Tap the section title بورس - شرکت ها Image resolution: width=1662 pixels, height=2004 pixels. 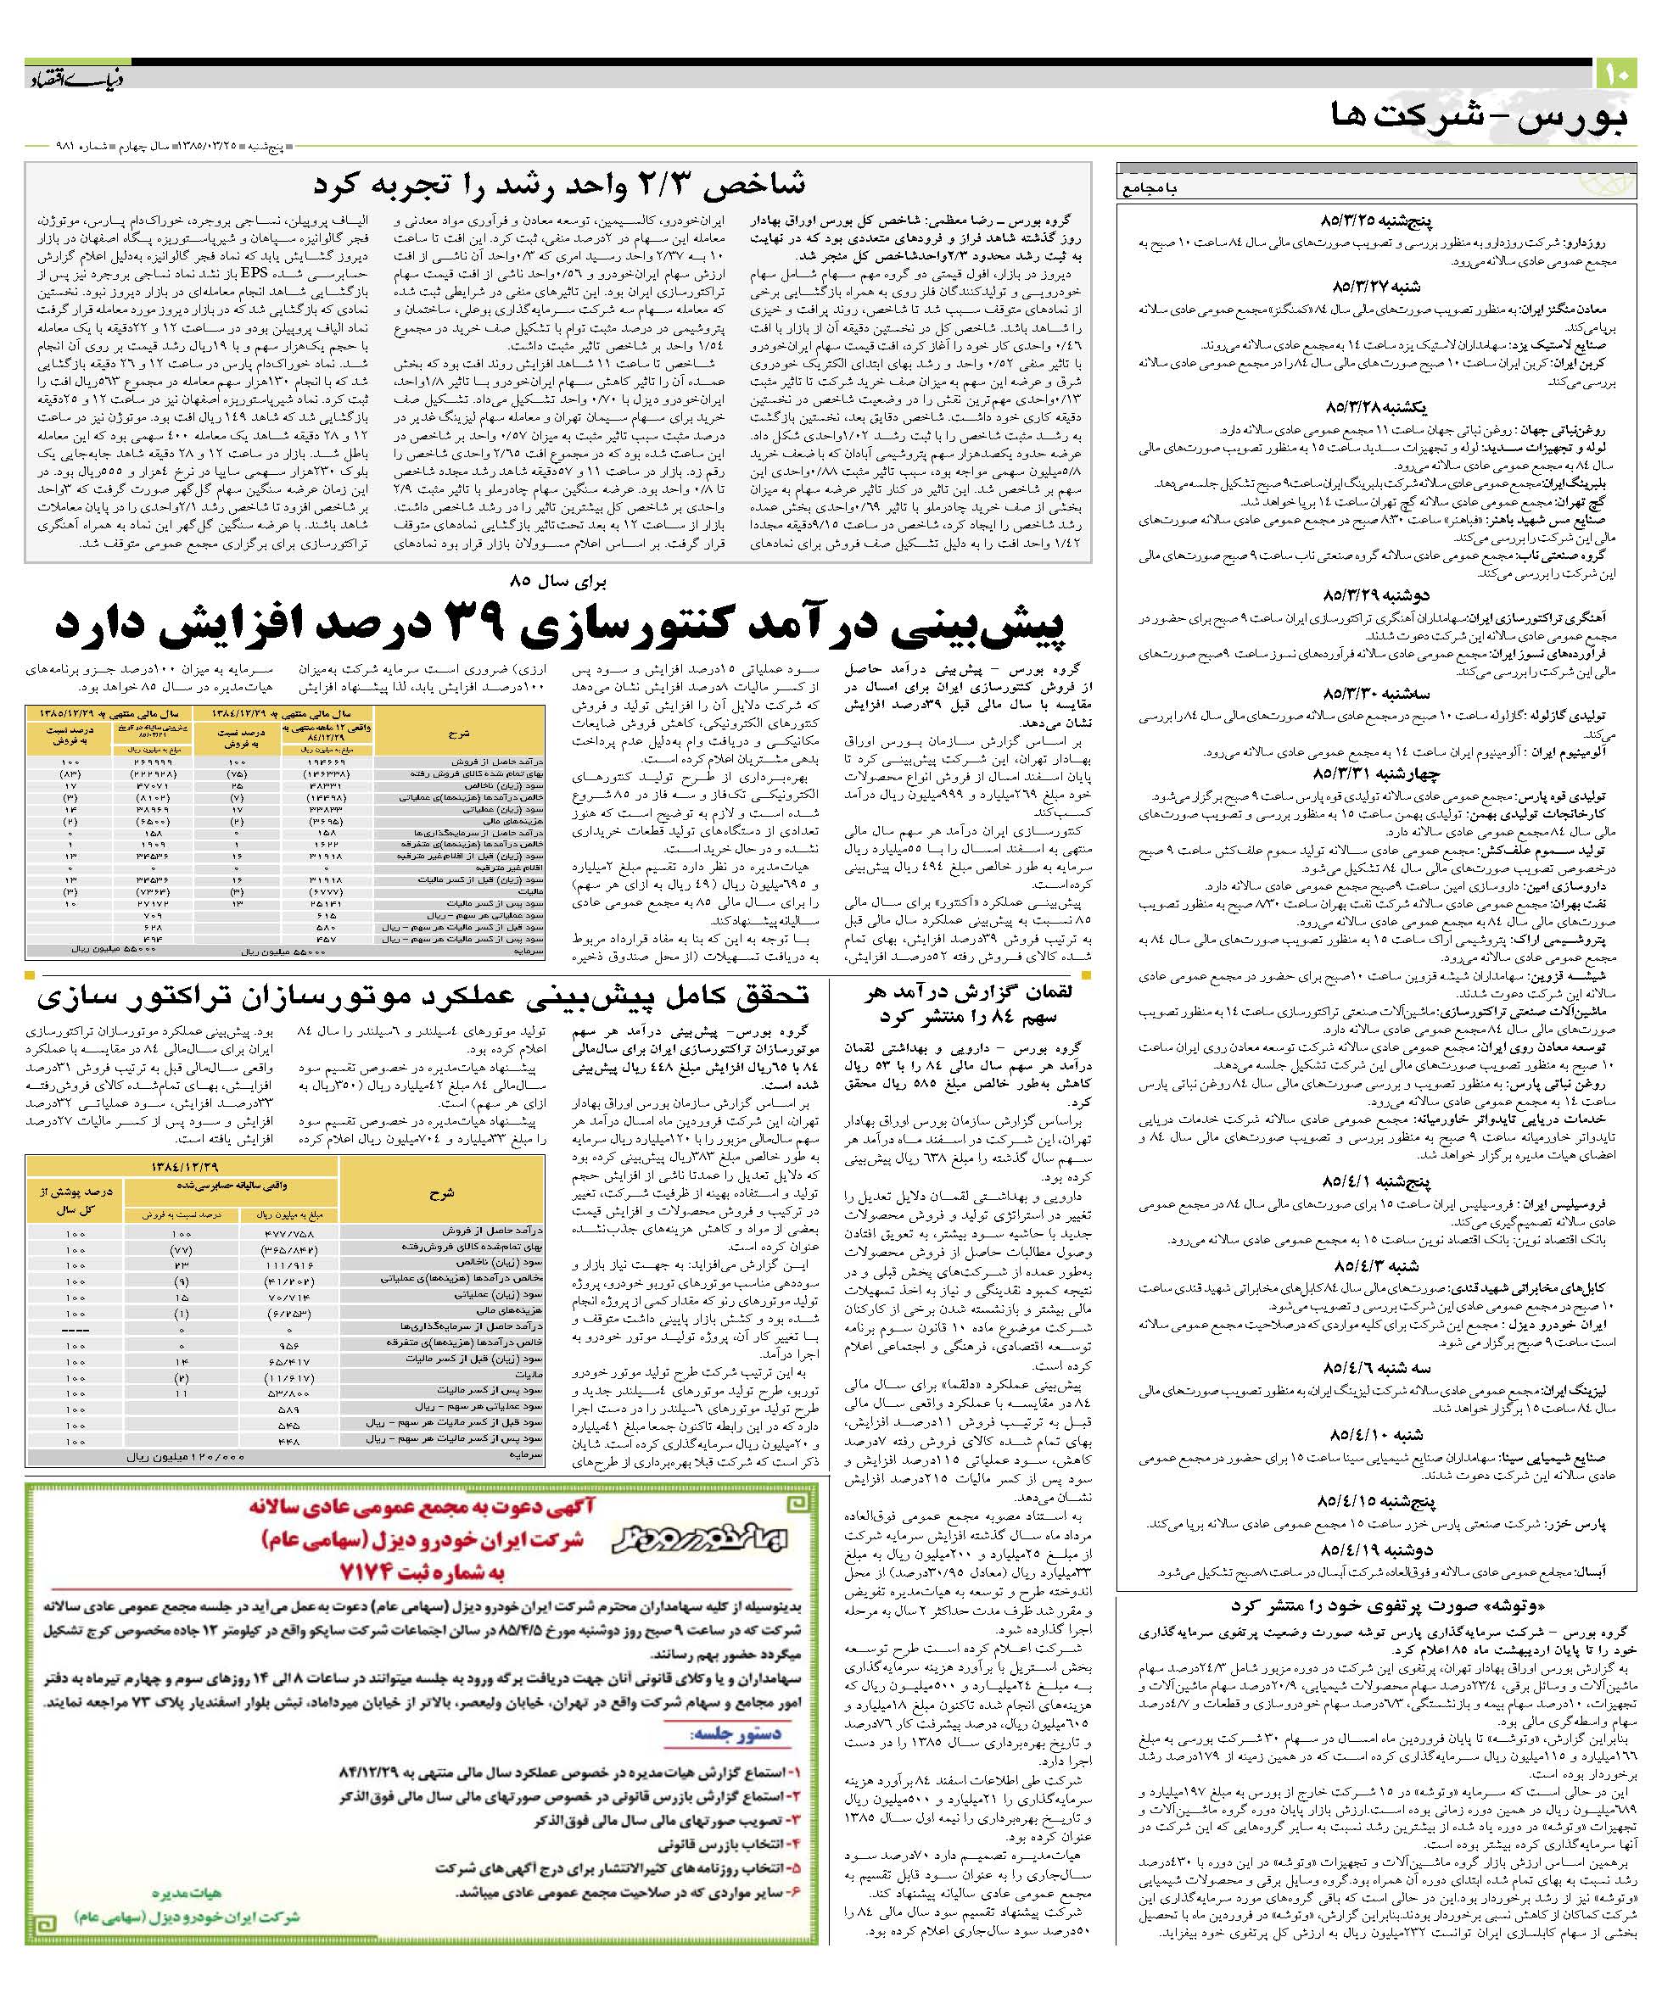(x=1479, y=116)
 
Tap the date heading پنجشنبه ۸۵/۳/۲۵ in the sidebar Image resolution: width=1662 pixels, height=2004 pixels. (x=1379, y=223)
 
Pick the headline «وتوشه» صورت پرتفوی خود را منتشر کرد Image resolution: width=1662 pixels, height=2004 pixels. (x=1378, y=1605)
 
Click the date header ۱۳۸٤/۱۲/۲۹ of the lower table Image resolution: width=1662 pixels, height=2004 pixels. (x=199, y=1166)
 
